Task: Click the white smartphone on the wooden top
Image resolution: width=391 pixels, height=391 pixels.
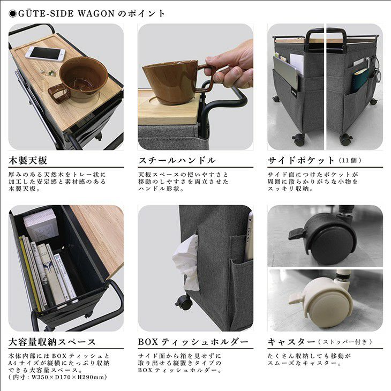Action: point(45,54)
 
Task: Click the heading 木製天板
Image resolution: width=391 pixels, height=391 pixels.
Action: point(28,160)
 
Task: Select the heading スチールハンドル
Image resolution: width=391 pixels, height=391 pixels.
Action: point(177,160)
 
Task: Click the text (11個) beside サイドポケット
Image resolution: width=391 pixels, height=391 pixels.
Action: point(350,160)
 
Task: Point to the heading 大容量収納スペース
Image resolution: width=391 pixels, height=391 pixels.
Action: point(52,342)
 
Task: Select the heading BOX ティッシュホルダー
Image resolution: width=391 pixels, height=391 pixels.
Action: point(193,342)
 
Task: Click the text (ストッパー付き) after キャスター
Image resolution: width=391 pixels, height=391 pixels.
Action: point(345,342)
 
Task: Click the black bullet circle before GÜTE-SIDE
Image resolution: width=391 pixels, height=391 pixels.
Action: point(13,14)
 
